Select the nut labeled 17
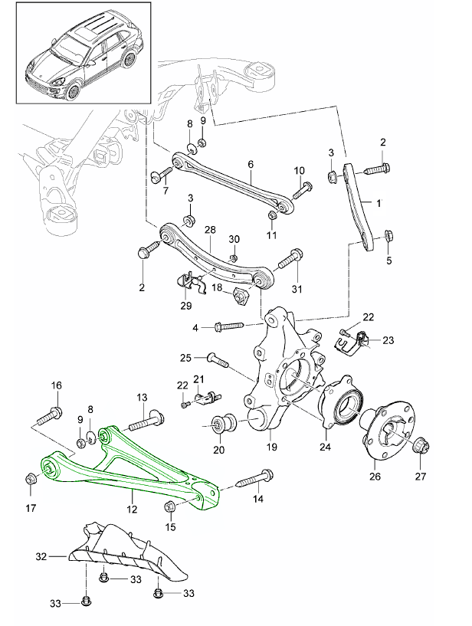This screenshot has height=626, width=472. coord(31,480)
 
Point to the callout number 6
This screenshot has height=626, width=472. coord(250,164)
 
